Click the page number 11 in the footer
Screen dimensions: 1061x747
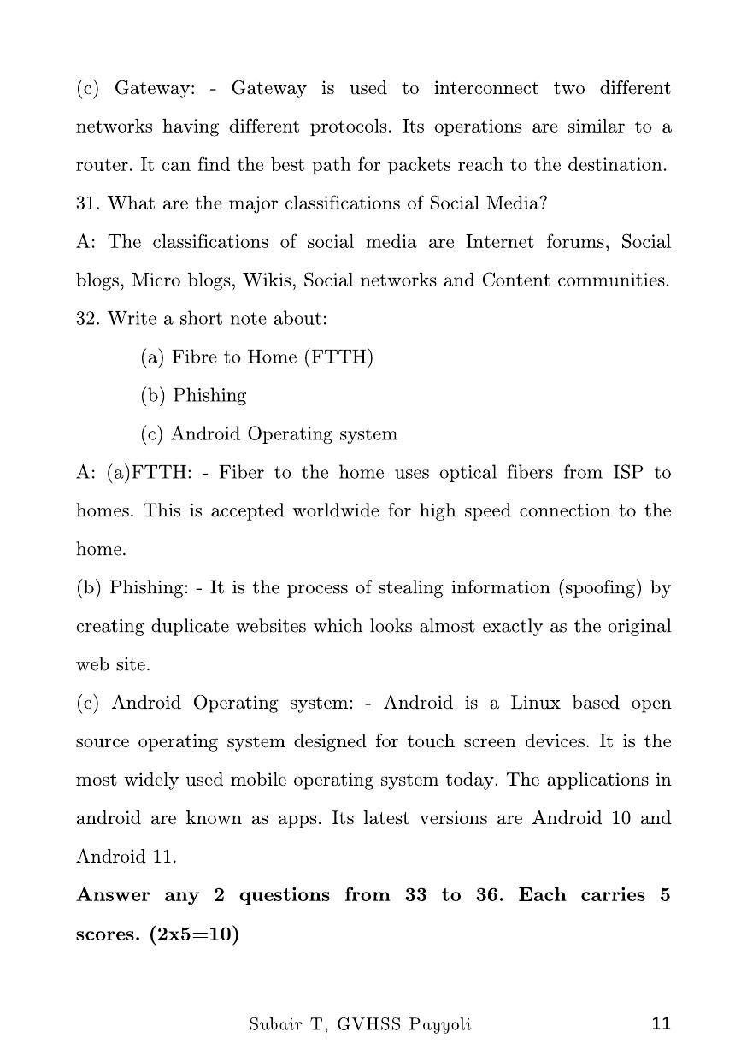(x=661, y=1023)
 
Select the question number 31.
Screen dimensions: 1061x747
(x=88, y=203)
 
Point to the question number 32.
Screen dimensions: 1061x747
(x=88, y=319)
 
